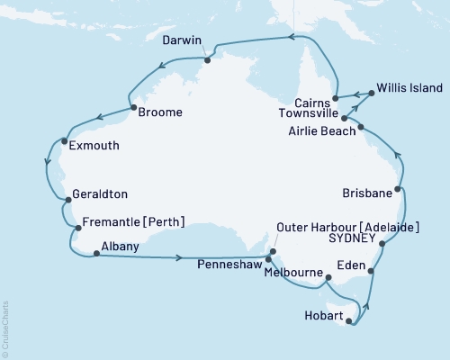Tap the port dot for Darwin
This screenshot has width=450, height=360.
point(207,61)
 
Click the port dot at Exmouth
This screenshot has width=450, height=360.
point(63,139)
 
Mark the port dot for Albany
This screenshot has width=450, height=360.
point(95,253)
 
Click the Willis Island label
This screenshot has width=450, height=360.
point(409,88)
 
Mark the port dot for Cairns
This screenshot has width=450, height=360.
point(334,97)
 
